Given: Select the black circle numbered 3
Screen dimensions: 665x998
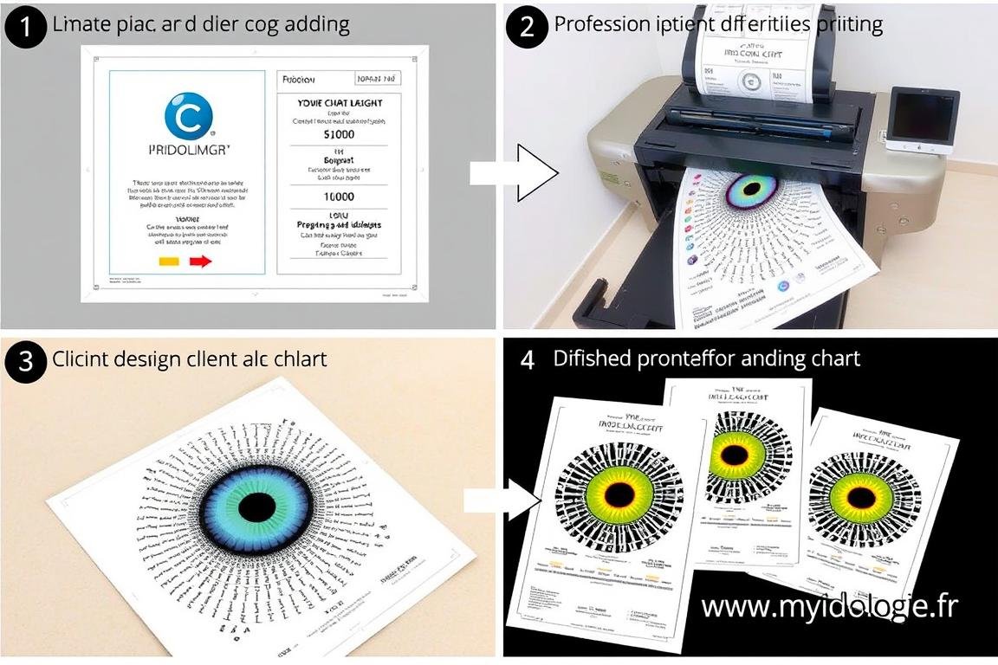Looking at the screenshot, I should click(x=25, y=359).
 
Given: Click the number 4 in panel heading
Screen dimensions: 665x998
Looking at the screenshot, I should click(x=528, y=358).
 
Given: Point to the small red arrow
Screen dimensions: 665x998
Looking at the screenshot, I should click(x=200, y=261).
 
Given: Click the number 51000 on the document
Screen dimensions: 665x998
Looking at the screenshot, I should click(x=339, y=135).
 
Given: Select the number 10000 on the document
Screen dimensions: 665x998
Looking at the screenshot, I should click(x=339, y=197).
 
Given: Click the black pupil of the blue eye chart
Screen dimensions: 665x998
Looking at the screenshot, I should click(x=256, y=506).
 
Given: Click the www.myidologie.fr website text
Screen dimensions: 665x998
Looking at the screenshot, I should click(x=829, y=606).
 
